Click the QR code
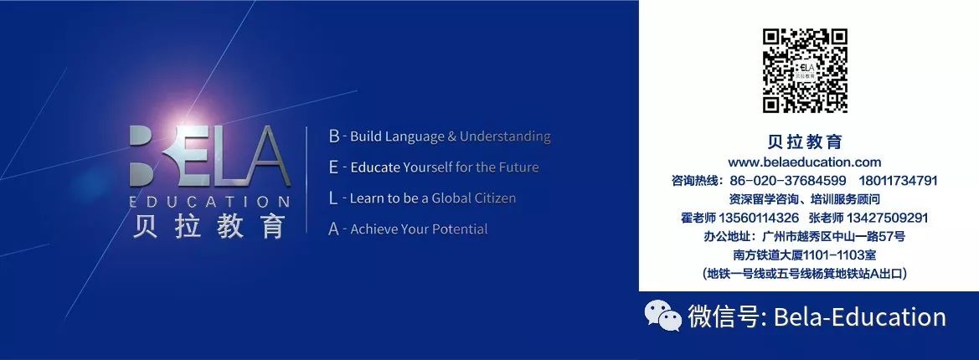point(805,71)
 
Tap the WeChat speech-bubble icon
point(662,316)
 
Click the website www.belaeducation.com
point(804,162)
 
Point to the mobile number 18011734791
point(899,181)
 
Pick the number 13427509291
point(887,218)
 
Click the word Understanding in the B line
point(505,136)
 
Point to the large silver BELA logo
point(209,157)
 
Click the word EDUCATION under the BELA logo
point(209,202)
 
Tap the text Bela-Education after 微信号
point(860,317)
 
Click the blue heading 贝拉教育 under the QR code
point(805,141)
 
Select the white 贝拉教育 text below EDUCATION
point(209,227)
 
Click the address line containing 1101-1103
point(804,255)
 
